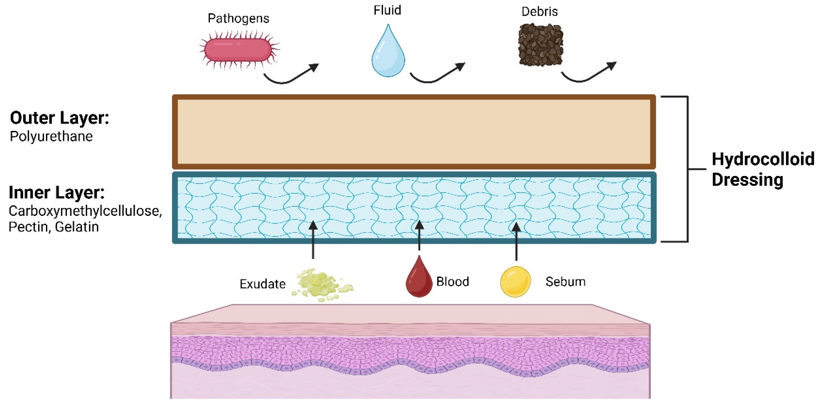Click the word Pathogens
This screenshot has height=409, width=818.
[238, 18]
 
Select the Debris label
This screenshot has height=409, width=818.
[540, 12]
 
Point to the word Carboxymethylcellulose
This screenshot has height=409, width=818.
[85, 211]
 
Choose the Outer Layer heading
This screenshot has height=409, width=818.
[59, 118]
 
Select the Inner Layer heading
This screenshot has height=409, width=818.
[56, 192]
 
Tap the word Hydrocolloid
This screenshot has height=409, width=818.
[763, 159]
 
